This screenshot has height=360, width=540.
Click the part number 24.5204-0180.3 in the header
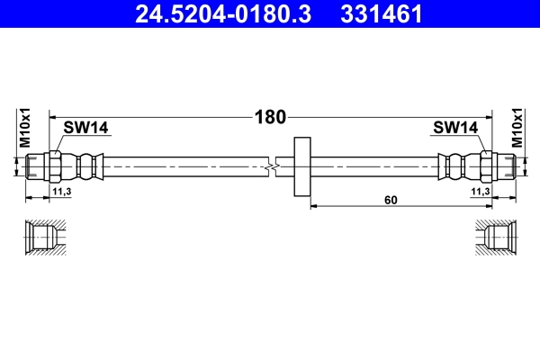222,13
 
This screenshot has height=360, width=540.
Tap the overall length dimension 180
269,116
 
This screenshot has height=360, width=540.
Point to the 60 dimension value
390,200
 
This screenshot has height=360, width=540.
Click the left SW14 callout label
86,128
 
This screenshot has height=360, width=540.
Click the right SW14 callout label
455,128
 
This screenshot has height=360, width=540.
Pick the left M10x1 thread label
25,128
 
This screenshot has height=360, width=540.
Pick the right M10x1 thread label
517,128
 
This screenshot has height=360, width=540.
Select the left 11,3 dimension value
62,192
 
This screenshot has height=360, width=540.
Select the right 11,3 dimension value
480,192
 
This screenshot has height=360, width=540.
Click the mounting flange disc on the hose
302,166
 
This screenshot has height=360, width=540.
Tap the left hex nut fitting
52,166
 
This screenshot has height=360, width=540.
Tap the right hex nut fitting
488,166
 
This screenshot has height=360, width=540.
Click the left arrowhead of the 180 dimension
52,116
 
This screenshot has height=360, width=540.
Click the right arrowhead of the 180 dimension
488,116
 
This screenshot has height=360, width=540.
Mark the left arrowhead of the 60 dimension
314,206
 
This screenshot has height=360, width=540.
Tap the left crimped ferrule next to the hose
87,166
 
